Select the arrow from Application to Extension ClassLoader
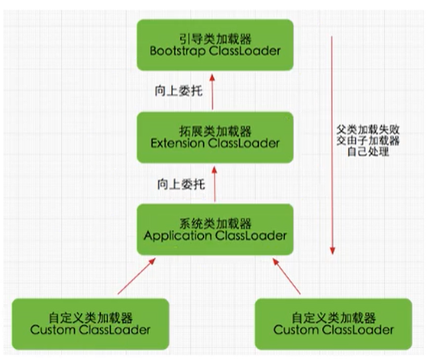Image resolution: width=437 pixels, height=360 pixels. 215,182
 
